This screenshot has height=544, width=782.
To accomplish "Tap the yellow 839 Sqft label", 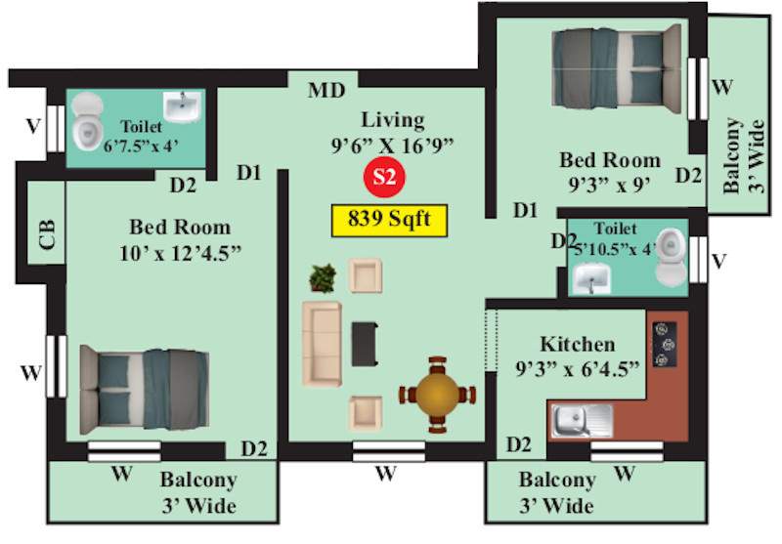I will pyautogui.click(x=388, y=220).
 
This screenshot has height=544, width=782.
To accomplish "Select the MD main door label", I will pyautogui.click(x=326, y=91).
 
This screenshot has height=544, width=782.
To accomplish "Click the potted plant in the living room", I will pyautogui.click(x=322, y=278).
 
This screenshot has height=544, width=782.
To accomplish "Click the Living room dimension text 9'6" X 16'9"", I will pyautogui.click(x=393, y=145).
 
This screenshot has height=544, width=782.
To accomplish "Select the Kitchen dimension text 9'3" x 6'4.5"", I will pyautogui.click(x=577, y=367).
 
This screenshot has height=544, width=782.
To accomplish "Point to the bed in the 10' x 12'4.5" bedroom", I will pyautogui.click(x=144, y=387).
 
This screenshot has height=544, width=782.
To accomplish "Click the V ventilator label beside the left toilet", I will pyautogui.click(x=33, y=125).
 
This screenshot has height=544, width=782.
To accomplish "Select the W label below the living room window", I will pyautogui.click(x=386, y=475).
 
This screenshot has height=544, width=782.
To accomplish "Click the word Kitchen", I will pyautogui.click(x=577, y=345).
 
